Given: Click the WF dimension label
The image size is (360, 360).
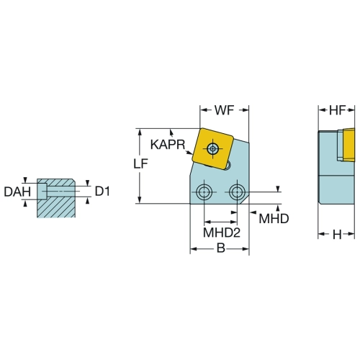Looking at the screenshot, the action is [x=224, y=110].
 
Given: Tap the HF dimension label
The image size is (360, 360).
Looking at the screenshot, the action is [x=337, y=110].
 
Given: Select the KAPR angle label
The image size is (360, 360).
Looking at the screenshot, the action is [x=168, y=145].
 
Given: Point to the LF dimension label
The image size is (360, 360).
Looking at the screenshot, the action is [x=140, y=163].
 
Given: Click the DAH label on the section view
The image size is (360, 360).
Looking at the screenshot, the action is [x=17, y=192].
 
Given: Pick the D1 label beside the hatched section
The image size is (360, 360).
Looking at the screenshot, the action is [x=102, y=192].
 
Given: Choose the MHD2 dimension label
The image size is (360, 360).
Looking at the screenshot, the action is [x=222, y=233].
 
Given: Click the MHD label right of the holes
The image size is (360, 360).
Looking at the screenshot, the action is [x=274, y=218].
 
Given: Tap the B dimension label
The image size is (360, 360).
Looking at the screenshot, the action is [x=221, y=248].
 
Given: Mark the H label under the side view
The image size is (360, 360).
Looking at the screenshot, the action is [x=337, y=235].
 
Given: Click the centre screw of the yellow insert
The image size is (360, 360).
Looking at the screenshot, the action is [x=212, y=149].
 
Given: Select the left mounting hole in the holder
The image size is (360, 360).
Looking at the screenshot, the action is [x=204, y=192].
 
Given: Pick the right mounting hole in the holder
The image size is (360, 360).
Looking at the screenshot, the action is [x=237, y=192].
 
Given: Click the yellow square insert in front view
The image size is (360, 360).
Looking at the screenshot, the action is [x=212, y=149].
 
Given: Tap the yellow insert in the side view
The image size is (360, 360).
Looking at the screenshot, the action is [x=348, y=145].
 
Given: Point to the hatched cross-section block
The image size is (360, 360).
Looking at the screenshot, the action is [x=56, y=198].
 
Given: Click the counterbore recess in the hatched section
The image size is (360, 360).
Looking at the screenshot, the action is [x=42, y=192].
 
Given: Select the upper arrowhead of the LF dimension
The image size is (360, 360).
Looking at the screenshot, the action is [x=140, y=132].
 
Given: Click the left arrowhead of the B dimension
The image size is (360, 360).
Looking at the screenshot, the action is [x=194, y=248].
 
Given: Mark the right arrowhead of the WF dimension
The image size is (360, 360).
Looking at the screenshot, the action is [x=245, y=110].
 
